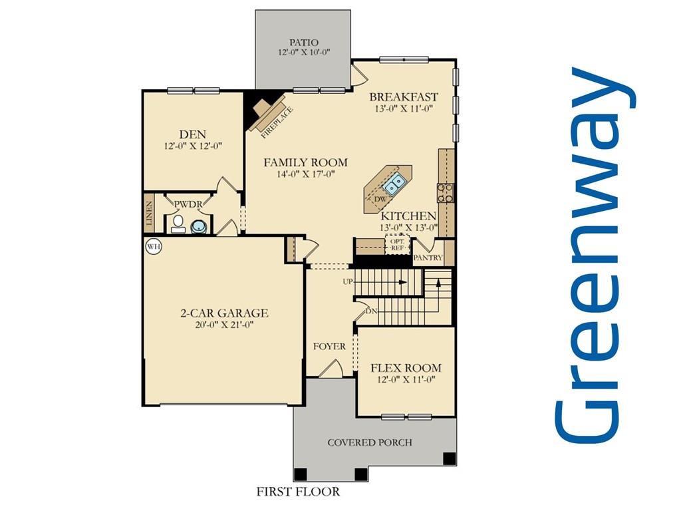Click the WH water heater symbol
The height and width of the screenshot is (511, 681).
tap(154, 247)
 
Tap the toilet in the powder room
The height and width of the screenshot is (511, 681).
tap(178, 224)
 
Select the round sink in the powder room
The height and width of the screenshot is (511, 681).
tap(199, 227)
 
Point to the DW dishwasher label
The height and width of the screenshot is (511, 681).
tap(380, 199)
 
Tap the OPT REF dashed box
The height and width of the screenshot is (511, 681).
tap(397, 244)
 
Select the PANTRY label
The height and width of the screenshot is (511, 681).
tap(428, 257)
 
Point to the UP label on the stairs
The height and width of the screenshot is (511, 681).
tap(347, 282)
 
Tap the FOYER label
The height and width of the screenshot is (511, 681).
tap(330, 347)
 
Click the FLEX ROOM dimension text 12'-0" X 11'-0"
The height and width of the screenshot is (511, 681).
tap(406, 380)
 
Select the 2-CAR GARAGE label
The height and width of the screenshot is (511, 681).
tap(224, 313)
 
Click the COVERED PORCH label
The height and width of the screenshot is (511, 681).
tap(370, 442)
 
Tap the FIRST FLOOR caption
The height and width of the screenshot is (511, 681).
tap(298, 492)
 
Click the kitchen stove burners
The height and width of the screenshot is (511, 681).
tap(446, 193)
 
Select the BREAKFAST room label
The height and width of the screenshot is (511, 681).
tap(404, 96)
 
